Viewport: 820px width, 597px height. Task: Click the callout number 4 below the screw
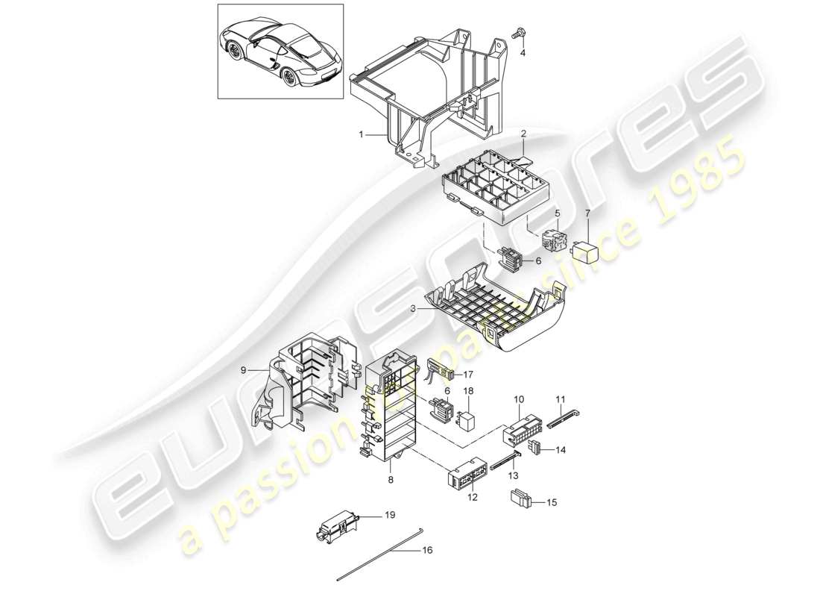tap(522, 53)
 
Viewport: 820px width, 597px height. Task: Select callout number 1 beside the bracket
tap(360, 135)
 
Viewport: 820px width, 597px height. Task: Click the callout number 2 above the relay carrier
tap(523, 134)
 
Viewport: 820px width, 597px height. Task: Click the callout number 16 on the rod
tap(426, 551)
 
